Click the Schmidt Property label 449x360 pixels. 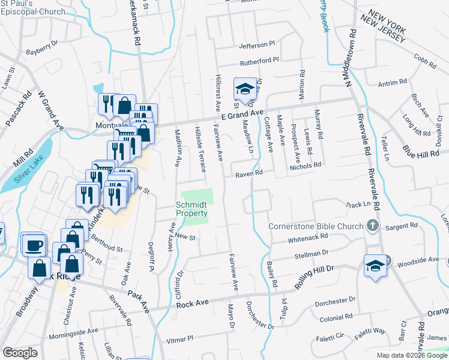(191, 209)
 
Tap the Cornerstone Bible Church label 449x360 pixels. (315, 226)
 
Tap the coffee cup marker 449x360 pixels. (34, 244)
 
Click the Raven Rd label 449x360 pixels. (249, 173)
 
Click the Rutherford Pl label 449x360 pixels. (259, 61)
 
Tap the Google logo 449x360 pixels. (20, 353)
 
